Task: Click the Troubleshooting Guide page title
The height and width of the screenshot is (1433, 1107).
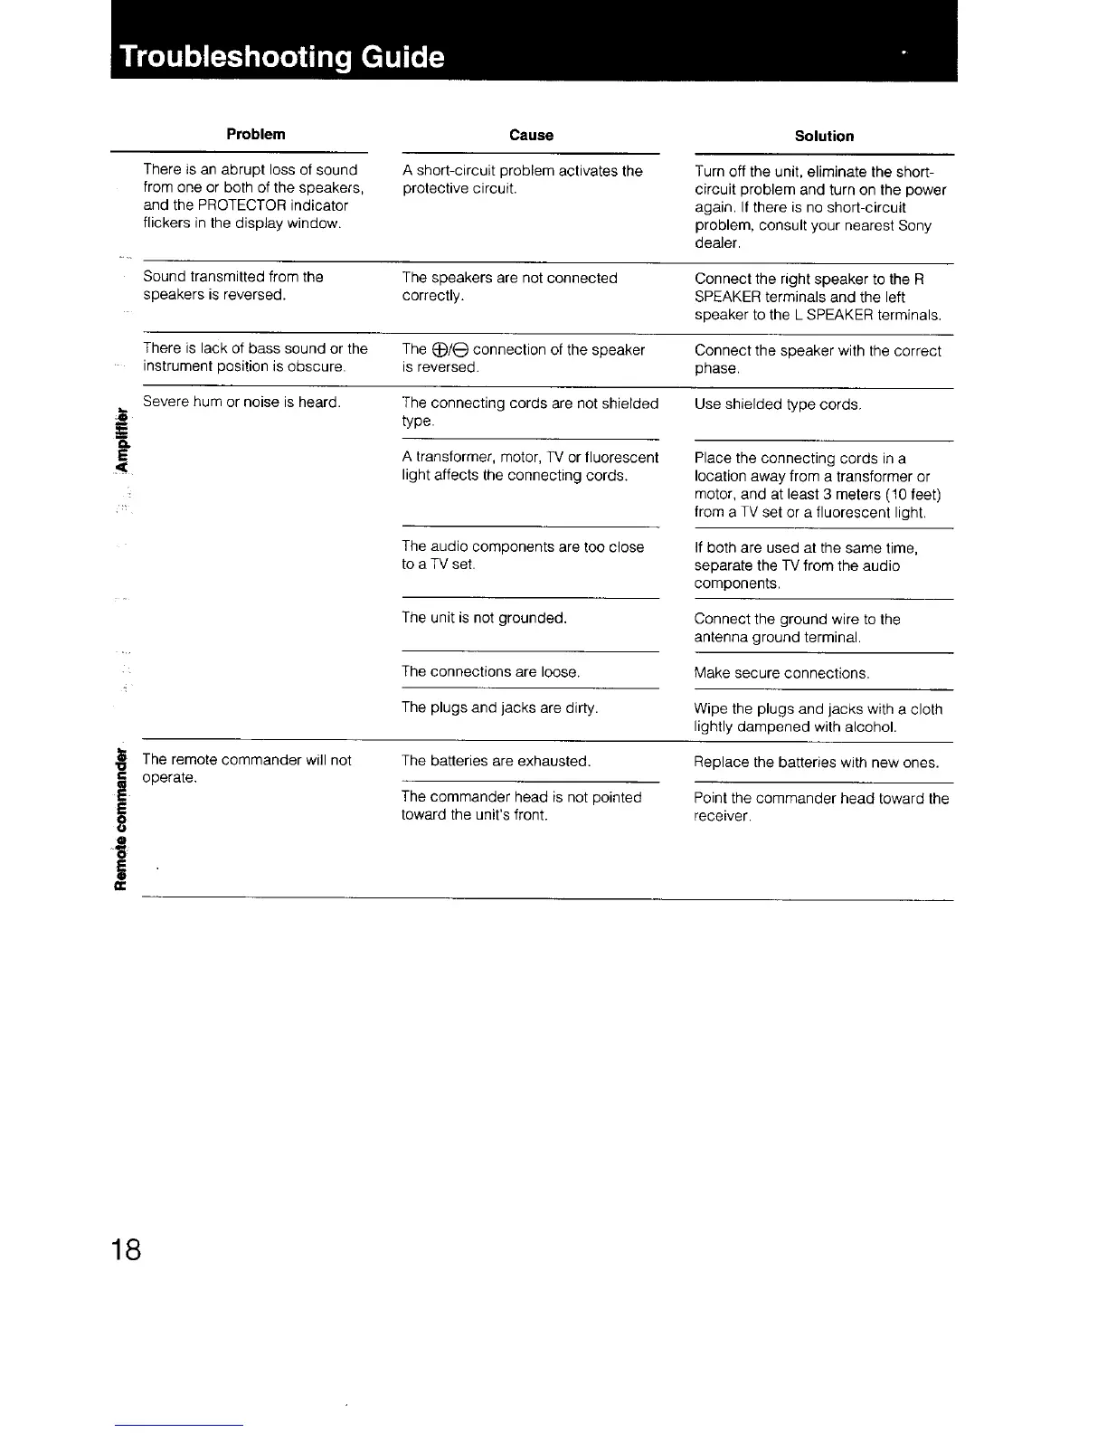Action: [x=282, y=57]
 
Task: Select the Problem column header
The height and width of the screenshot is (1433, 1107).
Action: [x=256, y=134]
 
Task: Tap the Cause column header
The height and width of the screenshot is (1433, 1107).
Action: [x=531, y=135]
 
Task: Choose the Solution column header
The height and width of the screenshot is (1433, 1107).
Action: [x=824, y=136]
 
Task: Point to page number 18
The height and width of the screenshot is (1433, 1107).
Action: [x=126, y=1249]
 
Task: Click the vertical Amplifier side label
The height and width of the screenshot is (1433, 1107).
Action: [x=119, y=443]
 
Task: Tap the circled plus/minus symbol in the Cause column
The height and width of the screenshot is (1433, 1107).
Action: [x=449, y=350]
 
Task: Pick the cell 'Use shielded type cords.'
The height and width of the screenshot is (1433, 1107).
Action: [x=777, y=404]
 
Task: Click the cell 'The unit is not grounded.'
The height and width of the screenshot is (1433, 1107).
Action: [x=484, y=618]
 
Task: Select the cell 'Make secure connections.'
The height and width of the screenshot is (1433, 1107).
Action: [x=781, y=673]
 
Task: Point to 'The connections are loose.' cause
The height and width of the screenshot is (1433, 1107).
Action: [x=490, y=671]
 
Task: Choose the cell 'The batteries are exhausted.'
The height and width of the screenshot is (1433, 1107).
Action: [x=496, y=761]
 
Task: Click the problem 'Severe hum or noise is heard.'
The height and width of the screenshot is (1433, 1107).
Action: [x=241, y=402]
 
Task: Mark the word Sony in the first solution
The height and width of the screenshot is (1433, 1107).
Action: [x=914, y=225]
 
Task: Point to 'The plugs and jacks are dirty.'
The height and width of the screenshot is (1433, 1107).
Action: [x=499, y=707]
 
